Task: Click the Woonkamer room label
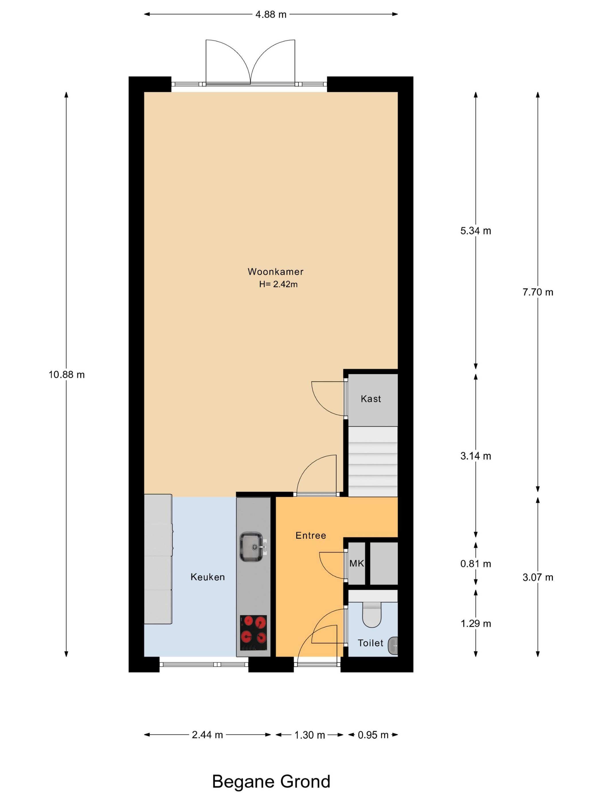275,272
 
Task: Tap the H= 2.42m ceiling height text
278,284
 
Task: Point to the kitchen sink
253,547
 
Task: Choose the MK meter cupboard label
357,563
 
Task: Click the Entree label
311,536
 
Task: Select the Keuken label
208,577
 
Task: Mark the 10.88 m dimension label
67,375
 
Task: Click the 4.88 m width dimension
271,15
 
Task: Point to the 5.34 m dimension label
476,231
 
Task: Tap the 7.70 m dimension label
538,292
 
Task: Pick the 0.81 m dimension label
476,564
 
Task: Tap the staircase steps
373,461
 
